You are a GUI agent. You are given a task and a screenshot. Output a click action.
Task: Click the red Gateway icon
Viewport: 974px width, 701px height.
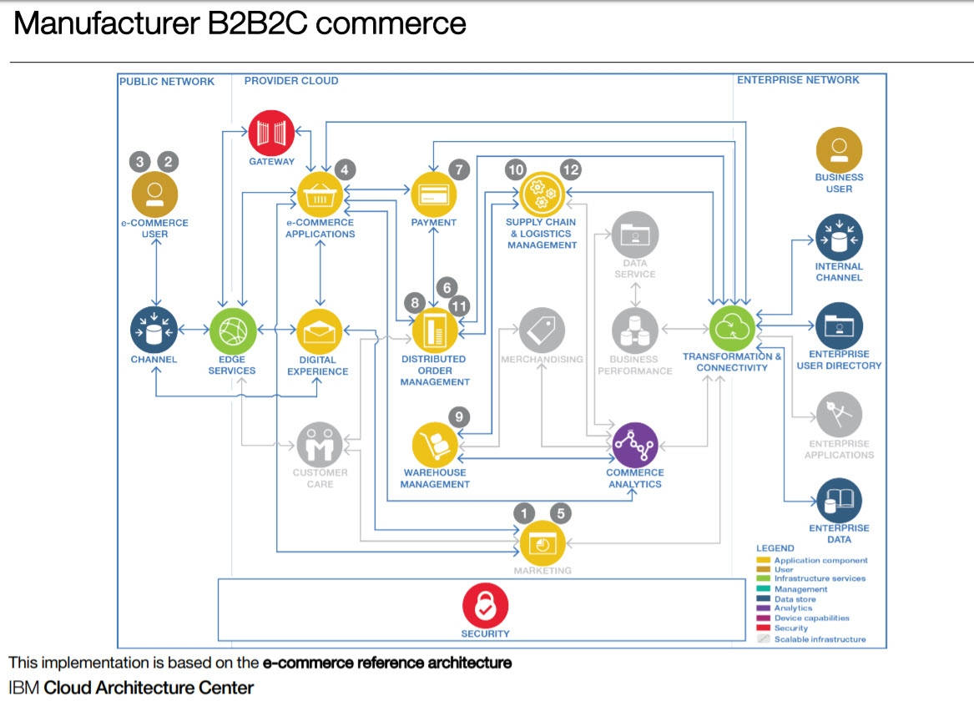pyautogui.click(x=272, y=134)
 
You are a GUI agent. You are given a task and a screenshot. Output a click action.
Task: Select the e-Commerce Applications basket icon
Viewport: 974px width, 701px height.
pyautogui.click(x=320, y=197)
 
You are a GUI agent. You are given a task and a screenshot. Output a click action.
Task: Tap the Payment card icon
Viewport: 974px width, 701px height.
pyautogui.click(x=434, y=195)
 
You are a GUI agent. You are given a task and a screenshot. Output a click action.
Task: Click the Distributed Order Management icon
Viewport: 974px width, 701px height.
pyautogui.click(x=435, y=330)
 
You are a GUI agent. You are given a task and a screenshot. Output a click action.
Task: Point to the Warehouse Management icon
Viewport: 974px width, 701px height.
pyautogui.click(x=435, y=444)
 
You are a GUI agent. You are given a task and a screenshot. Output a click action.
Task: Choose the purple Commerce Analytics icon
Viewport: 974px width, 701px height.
pyautogui.click(x=635, y=445)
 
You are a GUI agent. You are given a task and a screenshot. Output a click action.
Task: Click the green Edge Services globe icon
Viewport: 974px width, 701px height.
pyautogui.click(x=231, y=331)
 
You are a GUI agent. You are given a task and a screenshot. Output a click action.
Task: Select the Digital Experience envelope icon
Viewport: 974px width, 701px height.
pyautogui.click(x=320, y=331)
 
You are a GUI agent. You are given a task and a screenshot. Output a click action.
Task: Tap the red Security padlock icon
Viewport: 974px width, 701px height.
pyautogui.click(x=485, y=607)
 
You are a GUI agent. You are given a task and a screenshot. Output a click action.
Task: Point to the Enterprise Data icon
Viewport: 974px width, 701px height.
pyautogui.click(x=839, y=500)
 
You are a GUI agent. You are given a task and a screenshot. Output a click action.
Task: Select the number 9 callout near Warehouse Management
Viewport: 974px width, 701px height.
pyautogui.click(x=459, y=417)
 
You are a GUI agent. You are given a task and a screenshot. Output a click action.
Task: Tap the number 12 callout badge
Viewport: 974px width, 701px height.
pyautogui.click(x=570, y=169)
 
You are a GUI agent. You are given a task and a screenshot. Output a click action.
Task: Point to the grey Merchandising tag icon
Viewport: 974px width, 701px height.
pyautogui.click(x=542, y=330)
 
